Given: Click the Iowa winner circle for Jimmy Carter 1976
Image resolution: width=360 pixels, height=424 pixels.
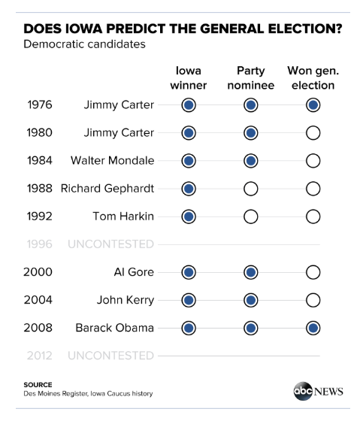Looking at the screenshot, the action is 189,105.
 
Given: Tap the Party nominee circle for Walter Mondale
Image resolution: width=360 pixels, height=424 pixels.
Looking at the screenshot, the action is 250,161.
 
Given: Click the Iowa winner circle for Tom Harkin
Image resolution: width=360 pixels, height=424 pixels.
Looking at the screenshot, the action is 189,217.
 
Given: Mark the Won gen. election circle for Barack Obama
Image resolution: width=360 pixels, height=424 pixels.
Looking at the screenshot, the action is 313,328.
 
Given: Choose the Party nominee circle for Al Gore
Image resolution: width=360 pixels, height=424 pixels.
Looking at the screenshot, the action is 250,272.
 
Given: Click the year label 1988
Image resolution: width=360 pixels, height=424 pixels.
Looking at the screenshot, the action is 40,189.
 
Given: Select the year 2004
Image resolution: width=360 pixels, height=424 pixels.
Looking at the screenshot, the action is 38,300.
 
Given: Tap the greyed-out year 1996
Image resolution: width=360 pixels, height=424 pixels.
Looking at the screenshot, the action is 40,244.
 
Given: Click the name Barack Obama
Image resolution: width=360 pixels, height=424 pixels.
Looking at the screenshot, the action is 114,328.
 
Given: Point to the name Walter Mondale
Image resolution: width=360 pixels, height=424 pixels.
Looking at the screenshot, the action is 113,161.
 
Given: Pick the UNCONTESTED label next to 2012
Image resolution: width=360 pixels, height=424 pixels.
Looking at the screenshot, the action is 110,356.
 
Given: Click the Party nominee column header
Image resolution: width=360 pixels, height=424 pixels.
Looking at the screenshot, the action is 251,78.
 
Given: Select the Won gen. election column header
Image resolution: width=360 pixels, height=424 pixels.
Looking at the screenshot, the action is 313,78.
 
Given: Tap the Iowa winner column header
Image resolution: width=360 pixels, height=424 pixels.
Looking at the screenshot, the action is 189,78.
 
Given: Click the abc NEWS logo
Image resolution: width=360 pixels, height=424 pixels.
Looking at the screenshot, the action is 318,391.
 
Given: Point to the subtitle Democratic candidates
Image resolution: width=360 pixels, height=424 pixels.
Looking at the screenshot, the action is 84,44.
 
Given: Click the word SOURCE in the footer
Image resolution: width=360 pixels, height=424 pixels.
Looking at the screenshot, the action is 38,385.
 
